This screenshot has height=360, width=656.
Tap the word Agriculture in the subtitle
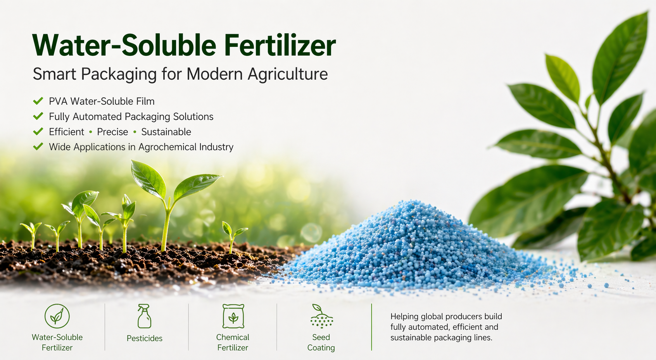point(288,74)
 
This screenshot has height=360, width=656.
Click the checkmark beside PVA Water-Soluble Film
point(38,101)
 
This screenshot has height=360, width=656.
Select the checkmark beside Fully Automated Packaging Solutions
point(38,116)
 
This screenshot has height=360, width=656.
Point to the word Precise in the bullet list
point(112,132)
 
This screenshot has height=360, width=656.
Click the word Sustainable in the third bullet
point(166,132)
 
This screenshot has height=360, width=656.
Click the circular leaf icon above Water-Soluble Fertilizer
point(57,316)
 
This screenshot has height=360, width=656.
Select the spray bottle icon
point(144,316)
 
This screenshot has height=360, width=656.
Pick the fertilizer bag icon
point(233,316)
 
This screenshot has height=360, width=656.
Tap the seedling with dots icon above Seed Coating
point(321,316)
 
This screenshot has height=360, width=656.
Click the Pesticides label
point(144,338)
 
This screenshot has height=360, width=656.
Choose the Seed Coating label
point(321,343)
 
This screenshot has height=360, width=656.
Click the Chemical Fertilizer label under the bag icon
point(233,343)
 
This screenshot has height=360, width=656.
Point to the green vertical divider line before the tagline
point(371,327)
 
